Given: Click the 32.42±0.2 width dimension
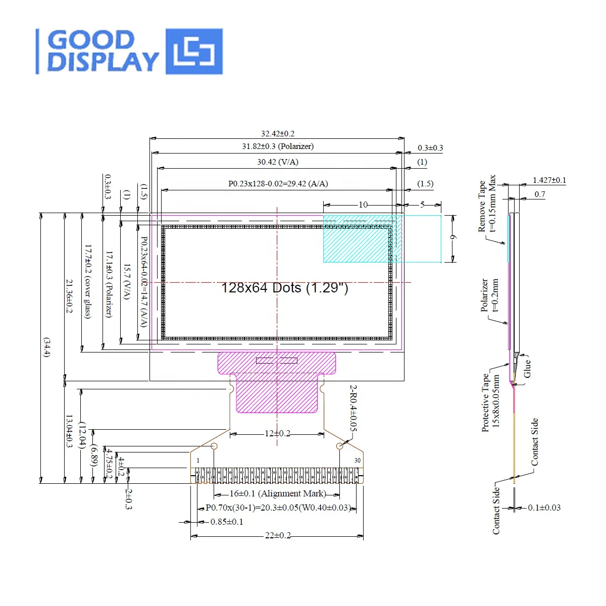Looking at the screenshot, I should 277,134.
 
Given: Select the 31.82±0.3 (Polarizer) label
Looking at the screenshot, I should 277,146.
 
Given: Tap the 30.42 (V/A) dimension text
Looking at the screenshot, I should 277,162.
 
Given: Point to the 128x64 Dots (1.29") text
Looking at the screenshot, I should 284,288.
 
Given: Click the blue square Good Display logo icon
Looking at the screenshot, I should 194,52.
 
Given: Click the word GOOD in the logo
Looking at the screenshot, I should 91,40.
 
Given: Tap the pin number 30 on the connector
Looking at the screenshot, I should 358,461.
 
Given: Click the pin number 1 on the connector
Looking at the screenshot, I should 198,461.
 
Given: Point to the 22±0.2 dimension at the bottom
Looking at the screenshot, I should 278,535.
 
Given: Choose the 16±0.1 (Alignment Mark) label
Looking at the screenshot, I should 277,493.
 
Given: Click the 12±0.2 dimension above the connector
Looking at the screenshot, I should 277,434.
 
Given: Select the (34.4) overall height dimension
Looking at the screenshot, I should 46,347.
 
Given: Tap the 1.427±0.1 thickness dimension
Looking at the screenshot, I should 549,180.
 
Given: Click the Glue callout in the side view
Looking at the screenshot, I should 527,368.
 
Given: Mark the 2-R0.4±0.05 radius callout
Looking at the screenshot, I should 353,408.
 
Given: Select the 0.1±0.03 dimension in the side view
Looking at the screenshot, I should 544,508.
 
